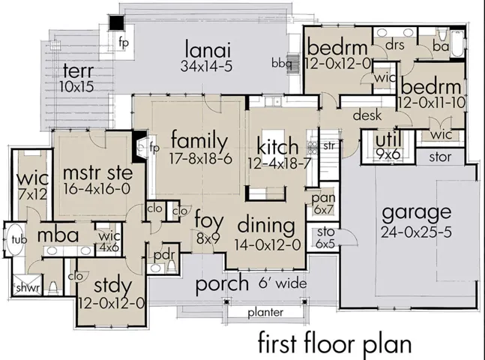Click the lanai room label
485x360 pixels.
tap(208, 49)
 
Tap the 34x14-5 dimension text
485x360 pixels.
tap(206, 66)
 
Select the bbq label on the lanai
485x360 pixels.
tap(281, 64)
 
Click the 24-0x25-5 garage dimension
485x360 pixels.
tap(416, 232)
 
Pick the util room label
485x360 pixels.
tap(388, 139)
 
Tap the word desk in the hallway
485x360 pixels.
tap(367, 115)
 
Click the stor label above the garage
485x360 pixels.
tap(440, 157)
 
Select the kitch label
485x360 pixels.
tap(278, 147)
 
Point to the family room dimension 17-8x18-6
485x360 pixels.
tap(200, 159)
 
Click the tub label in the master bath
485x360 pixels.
tap(19, 239)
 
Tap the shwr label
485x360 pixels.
tap(28, 288)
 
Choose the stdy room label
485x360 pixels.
tap(112, 286)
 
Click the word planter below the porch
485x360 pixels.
tap(265, 313)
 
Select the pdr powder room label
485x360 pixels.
tap(164, 256)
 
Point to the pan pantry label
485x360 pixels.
tap(323, 197)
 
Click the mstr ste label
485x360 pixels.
tap(97, 172)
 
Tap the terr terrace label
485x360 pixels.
tap(78, 70)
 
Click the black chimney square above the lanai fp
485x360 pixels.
tap(117, 23)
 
